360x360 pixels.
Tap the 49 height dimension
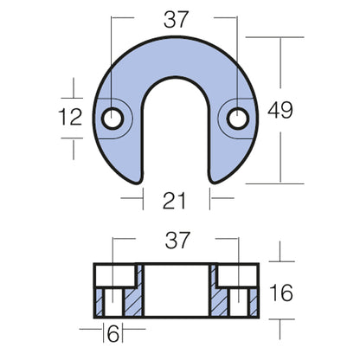[280, 110]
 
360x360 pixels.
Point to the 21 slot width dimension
[177, 202]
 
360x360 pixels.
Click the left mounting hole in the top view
[112, 118]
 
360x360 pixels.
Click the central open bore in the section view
[177, 290]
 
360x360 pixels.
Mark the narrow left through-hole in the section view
[114, 303]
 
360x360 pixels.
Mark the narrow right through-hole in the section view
[237, 303]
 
